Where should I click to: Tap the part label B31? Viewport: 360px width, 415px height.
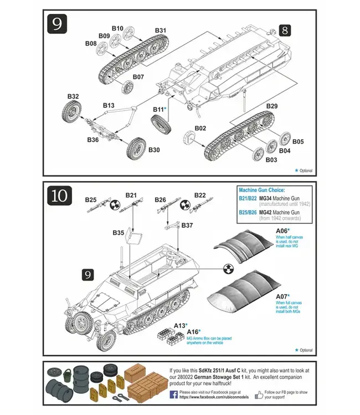pyautogui.click(x=161, y=30)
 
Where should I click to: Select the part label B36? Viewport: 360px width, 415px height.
pyautogui.click(x=92, y=140)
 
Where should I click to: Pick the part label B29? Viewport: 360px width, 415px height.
pyautogui.click(x=272, y=106)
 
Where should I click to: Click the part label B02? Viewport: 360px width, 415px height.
pyautogui.click(x=200, y=128)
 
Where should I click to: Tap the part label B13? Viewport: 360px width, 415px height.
pyautogui.click(x=109, y=105)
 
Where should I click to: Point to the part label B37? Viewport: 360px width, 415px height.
pyautogui.click(x=187, y=225)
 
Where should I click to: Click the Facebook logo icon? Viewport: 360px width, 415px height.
pyautogui.click(x=173, y=394)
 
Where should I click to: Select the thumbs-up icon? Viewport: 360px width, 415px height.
pyautogui.click(x=259, y=395)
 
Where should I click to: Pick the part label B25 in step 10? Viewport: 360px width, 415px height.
pyautogui.click(x=91, y=199)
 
